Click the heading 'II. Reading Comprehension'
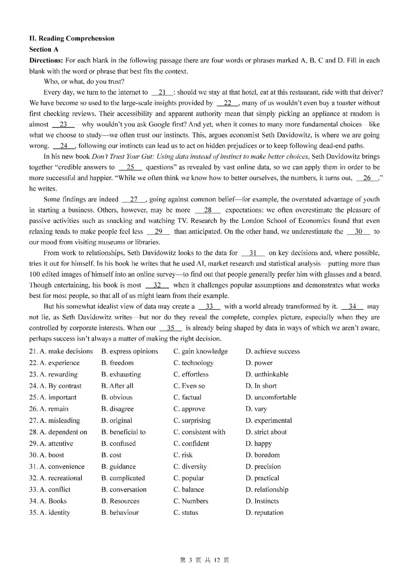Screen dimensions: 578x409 pos(72,38)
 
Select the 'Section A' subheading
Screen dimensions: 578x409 pos(44,49)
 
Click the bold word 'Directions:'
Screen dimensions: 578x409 pos(46,60)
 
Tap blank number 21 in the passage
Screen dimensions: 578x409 pos(162,92)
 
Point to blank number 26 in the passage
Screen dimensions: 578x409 pos(367,178)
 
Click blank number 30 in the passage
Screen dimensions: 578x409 pos(358,232)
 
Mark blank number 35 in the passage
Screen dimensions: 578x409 pos(170,328)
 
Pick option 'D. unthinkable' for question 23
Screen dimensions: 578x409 pos(267,374)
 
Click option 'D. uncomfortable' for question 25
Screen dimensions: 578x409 pos(271,397)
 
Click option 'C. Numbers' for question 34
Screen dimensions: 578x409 pos(191,501)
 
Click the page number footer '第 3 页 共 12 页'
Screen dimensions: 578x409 pos(204,560)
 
